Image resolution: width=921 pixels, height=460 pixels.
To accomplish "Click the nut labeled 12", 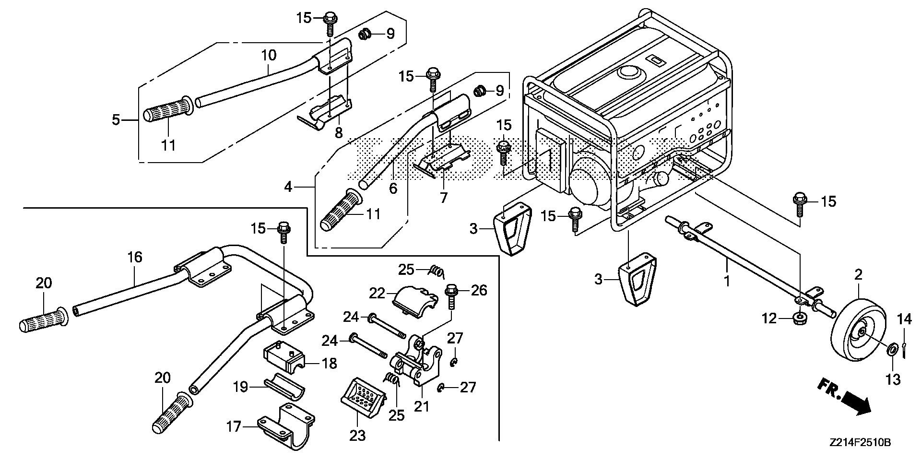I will tap(797, 318).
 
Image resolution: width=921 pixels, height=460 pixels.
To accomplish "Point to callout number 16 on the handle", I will tap(135, 258).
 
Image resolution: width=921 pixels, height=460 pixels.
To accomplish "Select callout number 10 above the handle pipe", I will tap(269, 55).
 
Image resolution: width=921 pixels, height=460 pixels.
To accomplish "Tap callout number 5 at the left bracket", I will tap(116, 119).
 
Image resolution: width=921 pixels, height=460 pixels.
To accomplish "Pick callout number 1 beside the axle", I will tap(727, 280).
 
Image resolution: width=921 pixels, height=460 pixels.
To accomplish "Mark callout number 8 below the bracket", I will tap(339, 132).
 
